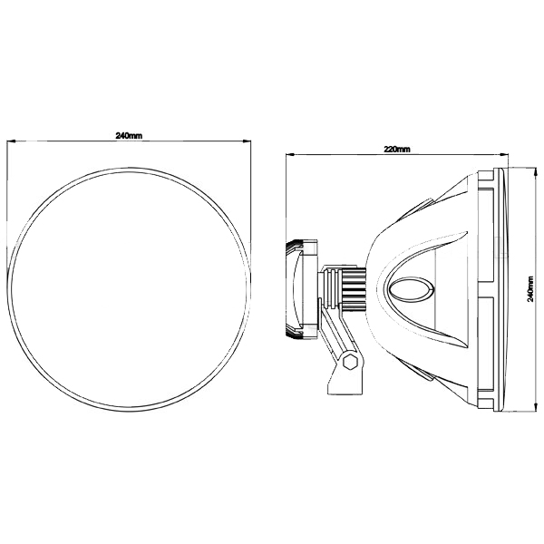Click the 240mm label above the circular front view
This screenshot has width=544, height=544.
click(x=129, y=136)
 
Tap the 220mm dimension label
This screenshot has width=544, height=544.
click(x=397, y=150)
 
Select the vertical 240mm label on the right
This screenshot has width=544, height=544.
click(x=530, y=289)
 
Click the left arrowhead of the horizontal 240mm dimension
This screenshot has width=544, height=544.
click(x=11, y=141)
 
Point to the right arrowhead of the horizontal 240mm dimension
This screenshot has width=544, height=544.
click(x=247, y=141)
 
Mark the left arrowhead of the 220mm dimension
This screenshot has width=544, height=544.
click(x=289, y=154)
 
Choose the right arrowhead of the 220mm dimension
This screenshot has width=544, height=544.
click(x=503, y=154)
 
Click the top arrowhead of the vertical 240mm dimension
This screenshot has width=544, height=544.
click(x=533, y=171)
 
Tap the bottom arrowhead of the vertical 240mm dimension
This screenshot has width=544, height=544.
click(x=533, y=407)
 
